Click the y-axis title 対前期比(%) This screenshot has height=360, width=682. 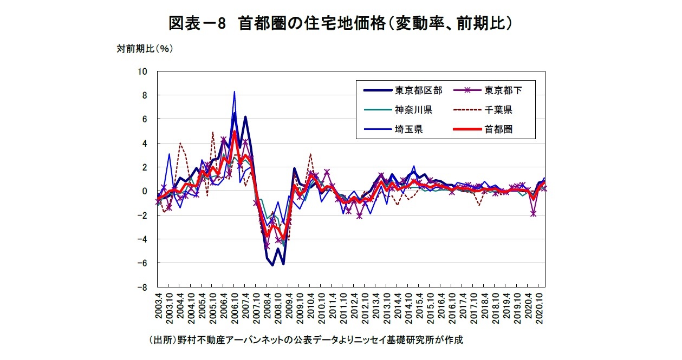pos(145,49)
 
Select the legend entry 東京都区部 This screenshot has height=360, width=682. pos(418,90)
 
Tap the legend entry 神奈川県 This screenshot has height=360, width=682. pos(413,110)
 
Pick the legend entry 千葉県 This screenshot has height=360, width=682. pos(498,110)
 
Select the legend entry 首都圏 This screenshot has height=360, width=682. pos(498,129)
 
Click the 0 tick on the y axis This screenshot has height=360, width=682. pos(145,191)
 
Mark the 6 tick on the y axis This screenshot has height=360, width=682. pos(145,119)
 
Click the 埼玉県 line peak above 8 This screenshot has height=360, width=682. pos(234,91)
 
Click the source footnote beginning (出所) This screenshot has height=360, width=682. pos(306,341)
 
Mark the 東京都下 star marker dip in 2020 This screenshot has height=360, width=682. pos(534,214)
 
